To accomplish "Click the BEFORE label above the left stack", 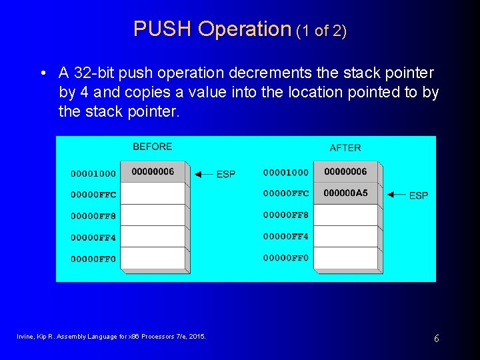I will [152, 147].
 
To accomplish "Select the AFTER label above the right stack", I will [345, 147].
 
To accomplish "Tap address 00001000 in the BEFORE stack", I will [93, 173].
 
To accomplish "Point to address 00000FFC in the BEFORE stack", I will [93, 195].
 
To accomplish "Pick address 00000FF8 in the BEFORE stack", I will [93, 216].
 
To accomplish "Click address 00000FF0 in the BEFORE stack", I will [93, 259].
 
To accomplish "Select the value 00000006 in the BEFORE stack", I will [153, 171].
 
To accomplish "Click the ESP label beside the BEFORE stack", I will [226, 174].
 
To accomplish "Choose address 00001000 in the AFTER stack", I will [286, 172].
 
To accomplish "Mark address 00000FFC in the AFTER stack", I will [286, 193].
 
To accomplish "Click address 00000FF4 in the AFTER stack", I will [286, 236].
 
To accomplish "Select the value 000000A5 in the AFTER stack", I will [345, 193].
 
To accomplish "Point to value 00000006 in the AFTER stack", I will [345, 171].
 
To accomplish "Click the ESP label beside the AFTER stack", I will [419, 195].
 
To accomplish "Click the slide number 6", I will [437, 339].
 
